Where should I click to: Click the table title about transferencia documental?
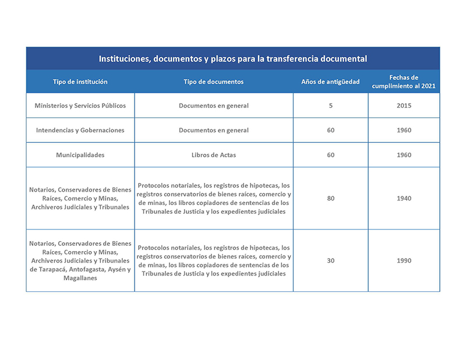tap(232, 59)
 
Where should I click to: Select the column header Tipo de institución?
tap(80, 82)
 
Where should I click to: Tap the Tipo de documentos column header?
tap(213, 82)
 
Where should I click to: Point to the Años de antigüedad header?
tap(330, 82)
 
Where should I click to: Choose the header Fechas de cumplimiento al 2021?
tap(404, 82)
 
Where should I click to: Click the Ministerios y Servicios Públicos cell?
tap(80, 105)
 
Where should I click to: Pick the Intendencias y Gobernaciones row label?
tap(80, 130)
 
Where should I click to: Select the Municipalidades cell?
tap(80, 154)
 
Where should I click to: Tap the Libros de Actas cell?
tap(213, 154)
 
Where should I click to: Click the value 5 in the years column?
tap(330, 105)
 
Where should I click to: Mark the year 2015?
tap(404, 105)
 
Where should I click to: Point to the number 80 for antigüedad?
tap(330, 198)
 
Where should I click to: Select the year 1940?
tap(404, 198)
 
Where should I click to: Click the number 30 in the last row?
tap(330, 260)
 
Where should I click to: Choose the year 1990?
tap(404, 260)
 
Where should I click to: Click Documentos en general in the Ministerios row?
tap(213, 105)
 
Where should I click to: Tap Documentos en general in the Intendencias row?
tap(213, 130)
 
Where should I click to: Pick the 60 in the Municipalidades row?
tap(330, 154)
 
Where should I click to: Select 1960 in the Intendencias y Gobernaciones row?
tap(404, 130)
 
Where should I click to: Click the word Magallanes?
tap(80, 278)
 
